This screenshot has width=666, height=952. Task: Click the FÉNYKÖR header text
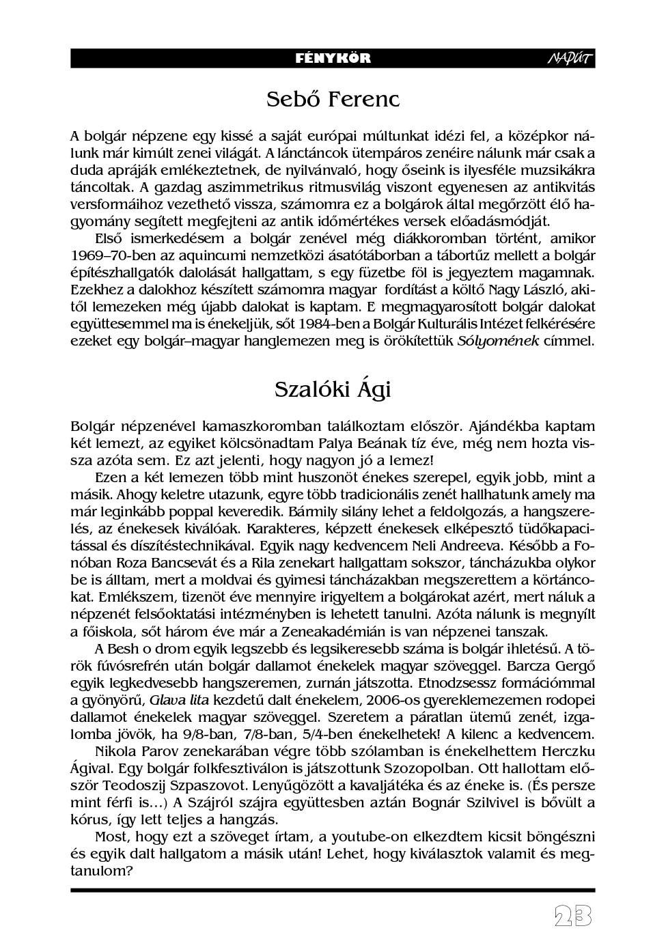[x=333, y=58]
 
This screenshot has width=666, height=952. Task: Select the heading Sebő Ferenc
[x=333, y=99]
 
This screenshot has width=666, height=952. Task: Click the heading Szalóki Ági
[x=333, y=389]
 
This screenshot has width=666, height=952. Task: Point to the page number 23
[x=572, y=916]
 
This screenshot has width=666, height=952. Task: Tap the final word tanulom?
[x=102, y=871]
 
